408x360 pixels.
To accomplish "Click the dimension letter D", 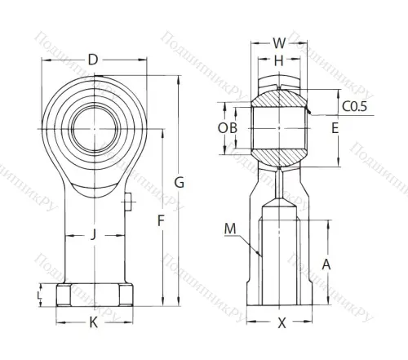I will [93, 60].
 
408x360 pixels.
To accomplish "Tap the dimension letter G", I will [180, 183].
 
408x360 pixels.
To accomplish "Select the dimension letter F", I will [161, 220].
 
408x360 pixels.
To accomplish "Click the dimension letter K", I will [93, 322].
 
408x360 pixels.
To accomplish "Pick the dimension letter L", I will [38, 294].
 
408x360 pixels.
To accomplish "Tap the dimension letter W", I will [279, 43].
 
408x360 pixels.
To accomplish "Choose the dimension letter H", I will [279, 61].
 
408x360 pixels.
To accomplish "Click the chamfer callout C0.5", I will [353, 105].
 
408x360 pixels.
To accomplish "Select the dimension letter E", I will [334, 128].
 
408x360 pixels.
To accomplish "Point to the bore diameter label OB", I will [228, 128].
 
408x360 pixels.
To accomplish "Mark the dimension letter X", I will [282, 322].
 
